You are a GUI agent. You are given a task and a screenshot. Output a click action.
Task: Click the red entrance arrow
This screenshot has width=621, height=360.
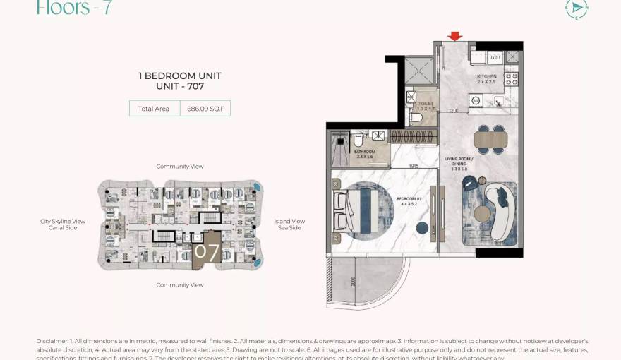pyautogui.click(x=455, y=36)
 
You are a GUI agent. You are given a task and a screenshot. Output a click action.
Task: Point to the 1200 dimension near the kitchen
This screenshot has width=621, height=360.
pyautogui.click(x=454, y=111)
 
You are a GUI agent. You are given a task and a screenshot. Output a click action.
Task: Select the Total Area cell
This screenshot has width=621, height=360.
pyautogui.click(x=154, y=109)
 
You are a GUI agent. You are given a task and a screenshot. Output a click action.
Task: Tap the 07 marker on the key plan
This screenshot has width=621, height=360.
pyautogui.click(x=207, y=251)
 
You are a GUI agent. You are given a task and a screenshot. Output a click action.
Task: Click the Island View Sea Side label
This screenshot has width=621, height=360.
pyautogui.click(x=289, y=224)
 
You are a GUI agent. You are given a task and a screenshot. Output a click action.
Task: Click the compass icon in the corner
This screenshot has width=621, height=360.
pyautogui.click(x=577, y=8)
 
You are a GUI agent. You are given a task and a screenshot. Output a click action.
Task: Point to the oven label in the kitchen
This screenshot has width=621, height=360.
pyautogui.click(x=495, y=57)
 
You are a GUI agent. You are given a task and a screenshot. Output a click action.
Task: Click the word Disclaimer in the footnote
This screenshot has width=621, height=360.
pyautogui.click(x=52, y=341)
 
